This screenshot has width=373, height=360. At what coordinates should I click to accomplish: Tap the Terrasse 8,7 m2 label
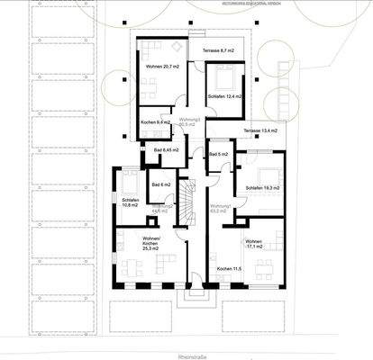click(218, 50)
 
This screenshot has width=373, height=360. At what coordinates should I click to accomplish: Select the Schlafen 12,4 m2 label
click(225, 96)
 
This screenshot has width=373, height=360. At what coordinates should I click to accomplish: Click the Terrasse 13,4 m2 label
click(262, 130)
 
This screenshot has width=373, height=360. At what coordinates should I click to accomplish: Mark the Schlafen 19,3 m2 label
click(262, 187)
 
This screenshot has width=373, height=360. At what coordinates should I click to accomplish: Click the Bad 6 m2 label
click(161, 184)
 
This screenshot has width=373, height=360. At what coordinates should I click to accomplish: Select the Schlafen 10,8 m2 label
click(130, 202)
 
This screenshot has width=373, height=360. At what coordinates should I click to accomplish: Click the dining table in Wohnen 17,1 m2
click(262, 266)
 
